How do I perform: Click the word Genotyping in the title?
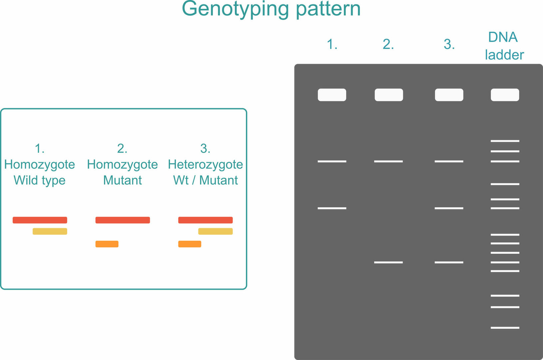pyautogui.click(x=235, y=9)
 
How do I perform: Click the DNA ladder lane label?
pyautogui.click(x=504, y=46)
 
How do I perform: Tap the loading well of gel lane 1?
pyautogui.click(x=332, y=95)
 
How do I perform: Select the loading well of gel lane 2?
pyautogui.click(x=389, y=95)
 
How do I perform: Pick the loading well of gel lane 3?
pyautogui.click(x=449, y=95)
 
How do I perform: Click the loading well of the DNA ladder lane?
pyautogui.click(x=505, y=95)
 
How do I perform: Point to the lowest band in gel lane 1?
pyautogui.click(x=332, y=208)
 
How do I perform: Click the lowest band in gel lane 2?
pyautogui.click(x=388, y=262)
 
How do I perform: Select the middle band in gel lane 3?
pyautogui.click(x=449, y=208)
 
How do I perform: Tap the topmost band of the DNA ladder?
pyautogui.click(x=505, y=141)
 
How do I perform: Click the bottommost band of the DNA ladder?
pyautogui.click(x=505, y=328)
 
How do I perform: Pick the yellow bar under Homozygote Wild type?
pyautogui.click(x=50, y=231)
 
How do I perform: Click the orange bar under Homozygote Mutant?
pyautogui.click(x=107, y=244)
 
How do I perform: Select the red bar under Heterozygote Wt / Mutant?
pyautogui.click(x=205, y=220)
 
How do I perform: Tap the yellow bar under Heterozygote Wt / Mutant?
pyautogui.click(x=216, y=231)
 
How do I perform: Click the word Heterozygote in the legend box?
pyautogui.click(x=205, y=165)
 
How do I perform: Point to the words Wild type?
pyautogui.click(x=40, y=181)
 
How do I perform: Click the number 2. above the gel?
pyautogui.click(x=388, y=44)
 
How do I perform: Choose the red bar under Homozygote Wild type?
pyautogui.click(x=40, y=220)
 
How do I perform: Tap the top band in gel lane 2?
pyautogui.click(x=388, y=161)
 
